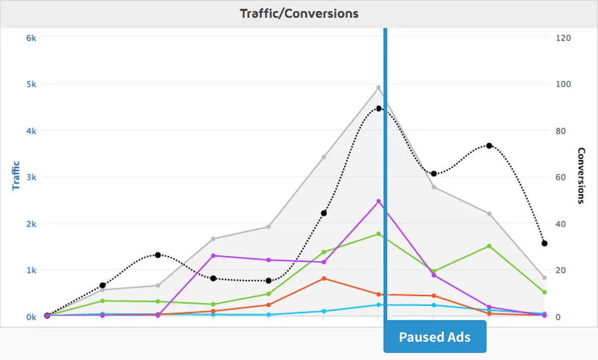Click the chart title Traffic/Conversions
tap(299, 13)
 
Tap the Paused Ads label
tap(435, 337)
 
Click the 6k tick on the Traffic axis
tap(31, 38)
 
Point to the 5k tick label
tap(31, 84)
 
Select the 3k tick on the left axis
tap(31, 177)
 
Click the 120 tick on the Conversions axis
tap(563, 38)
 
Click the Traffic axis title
tap(16, 175)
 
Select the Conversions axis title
tap(581, 175)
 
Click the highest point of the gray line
tap(379, 88)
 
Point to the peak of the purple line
tap(379, 201)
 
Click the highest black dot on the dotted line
tap(379, 109)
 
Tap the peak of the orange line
tap(324, 278)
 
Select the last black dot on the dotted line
tap(545, 243)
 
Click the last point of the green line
tap(545, 292)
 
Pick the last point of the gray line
tap(545, 277)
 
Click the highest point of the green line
tap(379, 234)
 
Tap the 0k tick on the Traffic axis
tap(31, 317)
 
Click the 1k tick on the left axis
tap(31, 270)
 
